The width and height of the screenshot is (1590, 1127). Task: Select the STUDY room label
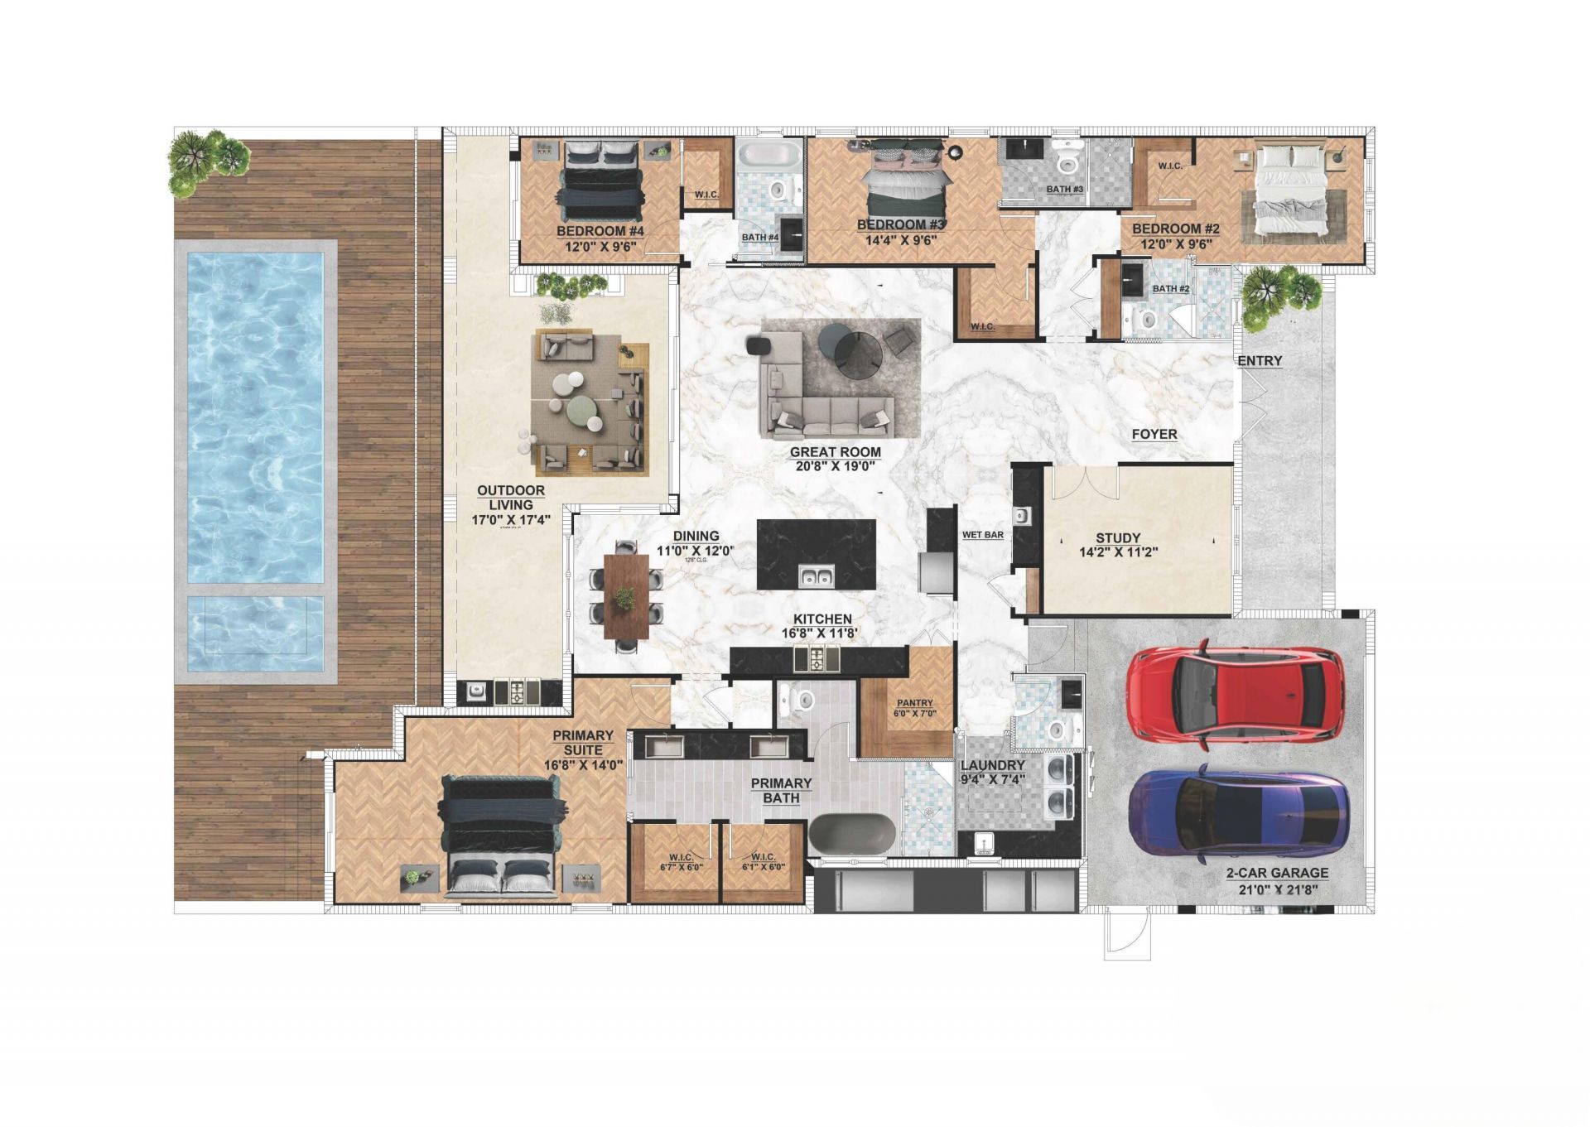pyautogui.click(x=1118, y=538)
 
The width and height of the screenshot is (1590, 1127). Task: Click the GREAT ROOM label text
pyautogui.click(x=835, y=452)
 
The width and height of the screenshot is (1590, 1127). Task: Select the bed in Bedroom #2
pyautogui.click(x=1292, y=189)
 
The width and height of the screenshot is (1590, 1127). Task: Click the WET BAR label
pyautogui.click(x=982, y=535)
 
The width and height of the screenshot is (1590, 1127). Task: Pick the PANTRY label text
pyautogui.click(x=914, y=703)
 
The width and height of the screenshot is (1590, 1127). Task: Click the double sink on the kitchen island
pyautogui.click(x=817, y=576)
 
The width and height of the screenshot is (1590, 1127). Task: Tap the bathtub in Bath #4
pyautogui.click(x=769, y=155)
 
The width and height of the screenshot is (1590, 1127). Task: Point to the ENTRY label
pyautogui.click(x=1260, y=361)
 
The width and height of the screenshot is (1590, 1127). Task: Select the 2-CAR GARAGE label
pyautogui.click(x=1277, y=873)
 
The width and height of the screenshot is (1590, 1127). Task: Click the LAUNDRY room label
pyautogui.click(x=992, y=765)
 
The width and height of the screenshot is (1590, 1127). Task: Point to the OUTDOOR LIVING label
pyautogui.click(x=511, y=498)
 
